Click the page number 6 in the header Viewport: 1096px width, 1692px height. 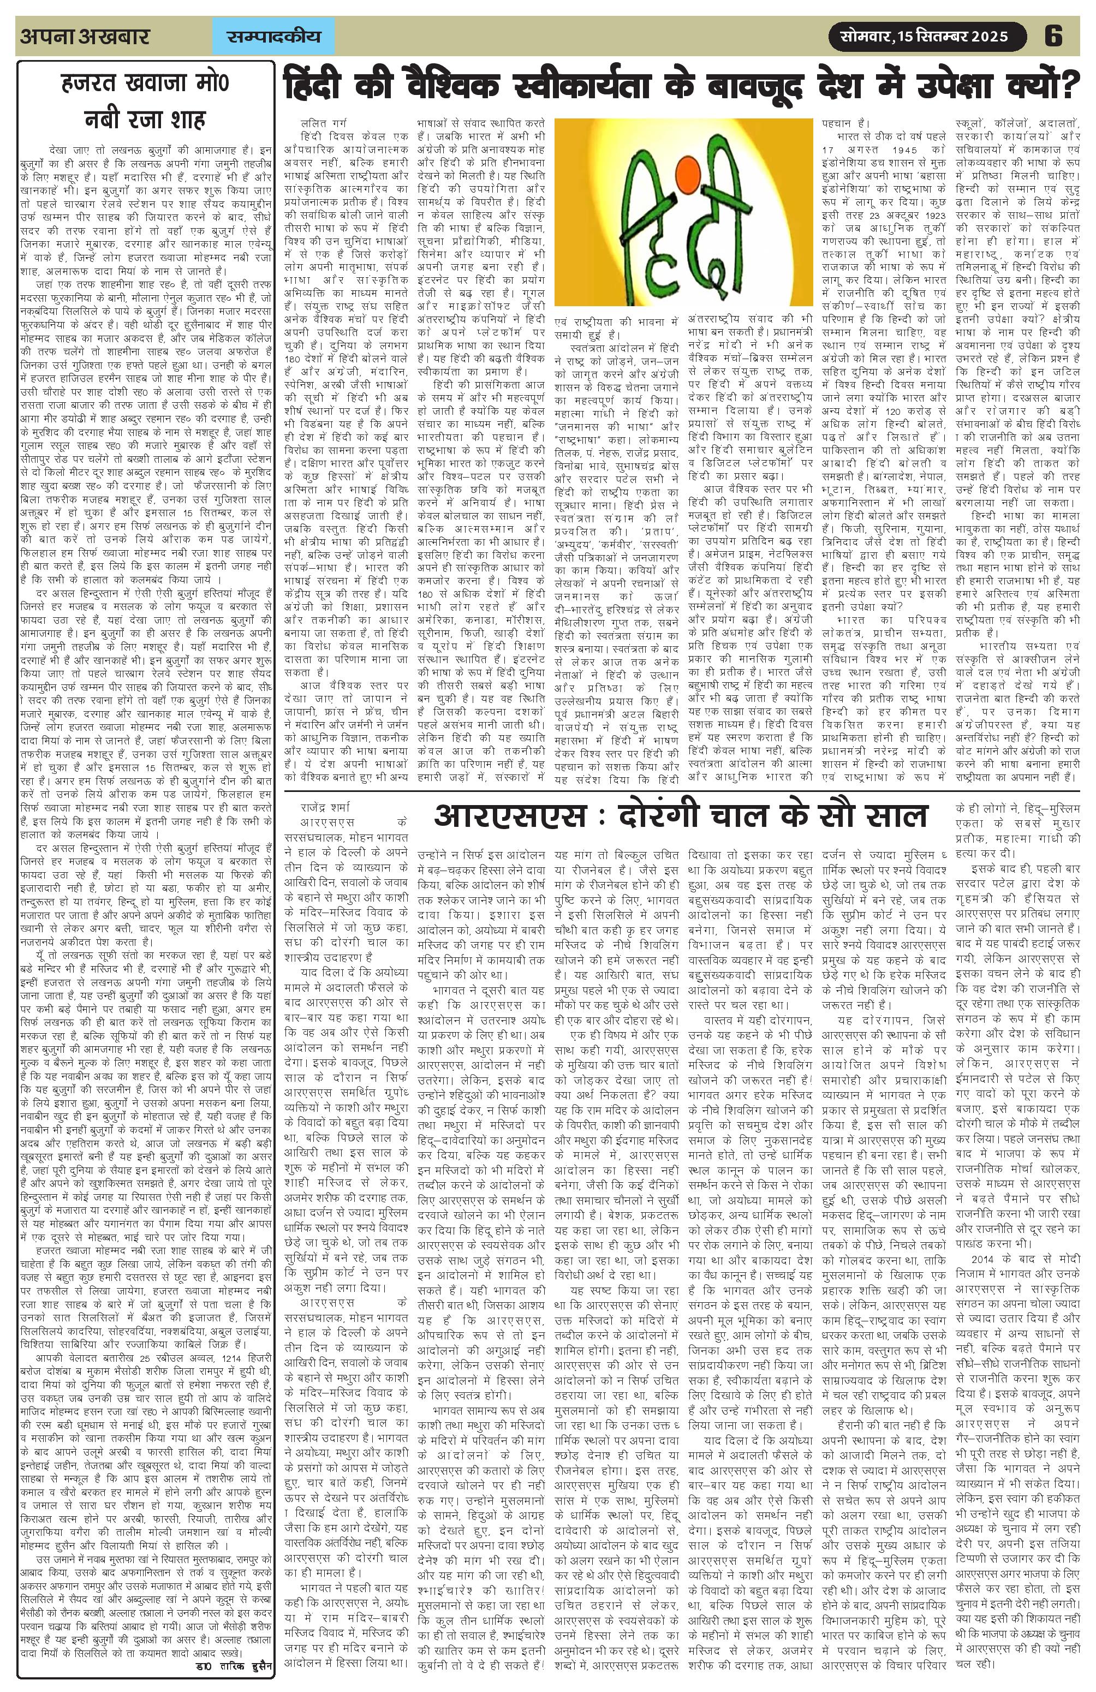[1052, 35]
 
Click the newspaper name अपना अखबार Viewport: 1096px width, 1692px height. [85, 36]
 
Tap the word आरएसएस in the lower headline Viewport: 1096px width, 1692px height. [509, 815]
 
